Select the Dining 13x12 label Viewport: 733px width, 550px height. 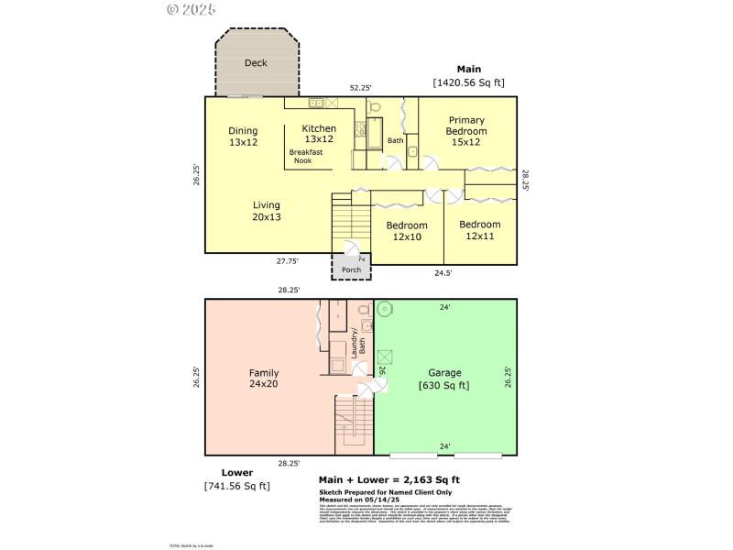[x=243, y=137]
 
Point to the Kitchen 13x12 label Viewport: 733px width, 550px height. [x=319, y=134]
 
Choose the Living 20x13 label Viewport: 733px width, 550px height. [x=267, y=211]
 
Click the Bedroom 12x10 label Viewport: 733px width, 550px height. [x=406, y=231]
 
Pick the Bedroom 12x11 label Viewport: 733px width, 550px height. [x=479, y=230]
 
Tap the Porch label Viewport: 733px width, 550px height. [x=351, y=270]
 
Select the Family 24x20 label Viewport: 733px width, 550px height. [x=264, y=379]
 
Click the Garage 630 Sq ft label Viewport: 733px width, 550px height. [x=445, y=379]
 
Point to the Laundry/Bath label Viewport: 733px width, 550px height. [x=358, y=341]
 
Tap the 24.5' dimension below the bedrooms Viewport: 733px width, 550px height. [x=443, y=272]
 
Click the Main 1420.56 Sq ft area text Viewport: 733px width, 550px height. [x=468, y=76]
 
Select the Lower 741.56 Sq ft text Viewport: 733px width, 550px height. [x=237, y=479]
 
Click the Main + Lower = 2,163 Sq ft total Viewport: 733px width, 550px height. [x=388, y=479]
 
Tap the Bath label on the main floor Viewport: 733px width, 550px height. [x=395, y=140]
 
